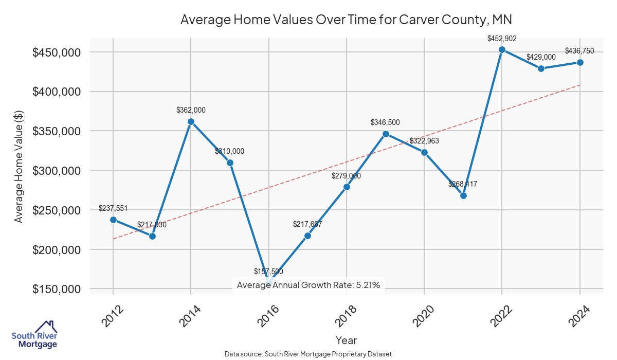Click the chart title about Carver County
346,20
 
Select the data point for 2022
502,50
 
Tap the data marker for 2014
191,122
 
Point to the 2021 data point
463,195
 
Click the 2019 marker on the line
386,134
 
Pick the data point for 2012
113,220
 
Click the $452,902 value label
502,38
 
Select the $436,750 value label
579,51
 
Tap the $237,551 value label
113,208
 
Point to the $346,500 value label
385,122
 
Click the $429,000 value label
541,57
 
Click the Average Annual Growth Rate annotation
308,285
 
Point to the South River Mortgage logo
34,335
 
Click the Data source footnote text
308,354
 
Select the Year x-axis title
346,340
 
